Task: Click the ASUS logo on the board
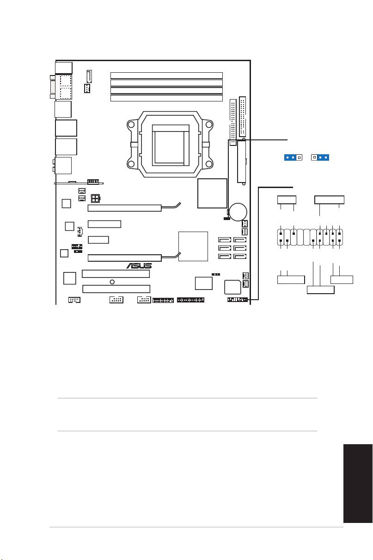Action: pos(139,266)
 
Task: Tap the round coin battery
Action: pos(238,212)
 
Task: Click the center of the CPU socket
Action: pos(170,144)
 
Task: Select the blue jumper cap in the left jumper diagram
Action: pos(290,157)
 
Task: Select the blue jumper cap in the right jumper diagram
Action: pos(323,157)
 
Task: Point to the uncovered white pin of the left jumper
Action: pos(299,157)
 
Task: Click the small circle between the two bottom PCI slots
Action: pos(112,282)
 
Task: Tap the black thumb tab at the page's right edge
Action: pos(358,483)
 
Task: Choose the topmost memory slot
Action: pos(166,76)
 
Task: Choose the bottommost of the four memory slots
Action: pos(166,98)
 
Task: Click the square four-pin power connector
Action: pos(95,199)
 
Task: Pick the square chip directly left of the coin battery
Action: pos(212,193)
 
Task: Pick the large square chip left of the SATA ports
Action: pos(193,246)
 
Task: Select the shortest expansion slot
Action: pos(98,240)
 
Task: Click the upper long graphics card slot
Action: pos(124,208)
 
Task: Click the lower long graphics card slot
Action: pos(124,258)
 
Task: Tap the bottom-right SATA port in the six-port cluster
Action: pos(240,256)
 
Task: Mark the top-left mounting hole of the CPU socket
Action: pos(131,124)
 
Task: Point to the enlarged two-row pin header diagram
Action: pos(310,237)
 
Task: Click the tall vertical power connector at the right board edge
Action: pos(242,162)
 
